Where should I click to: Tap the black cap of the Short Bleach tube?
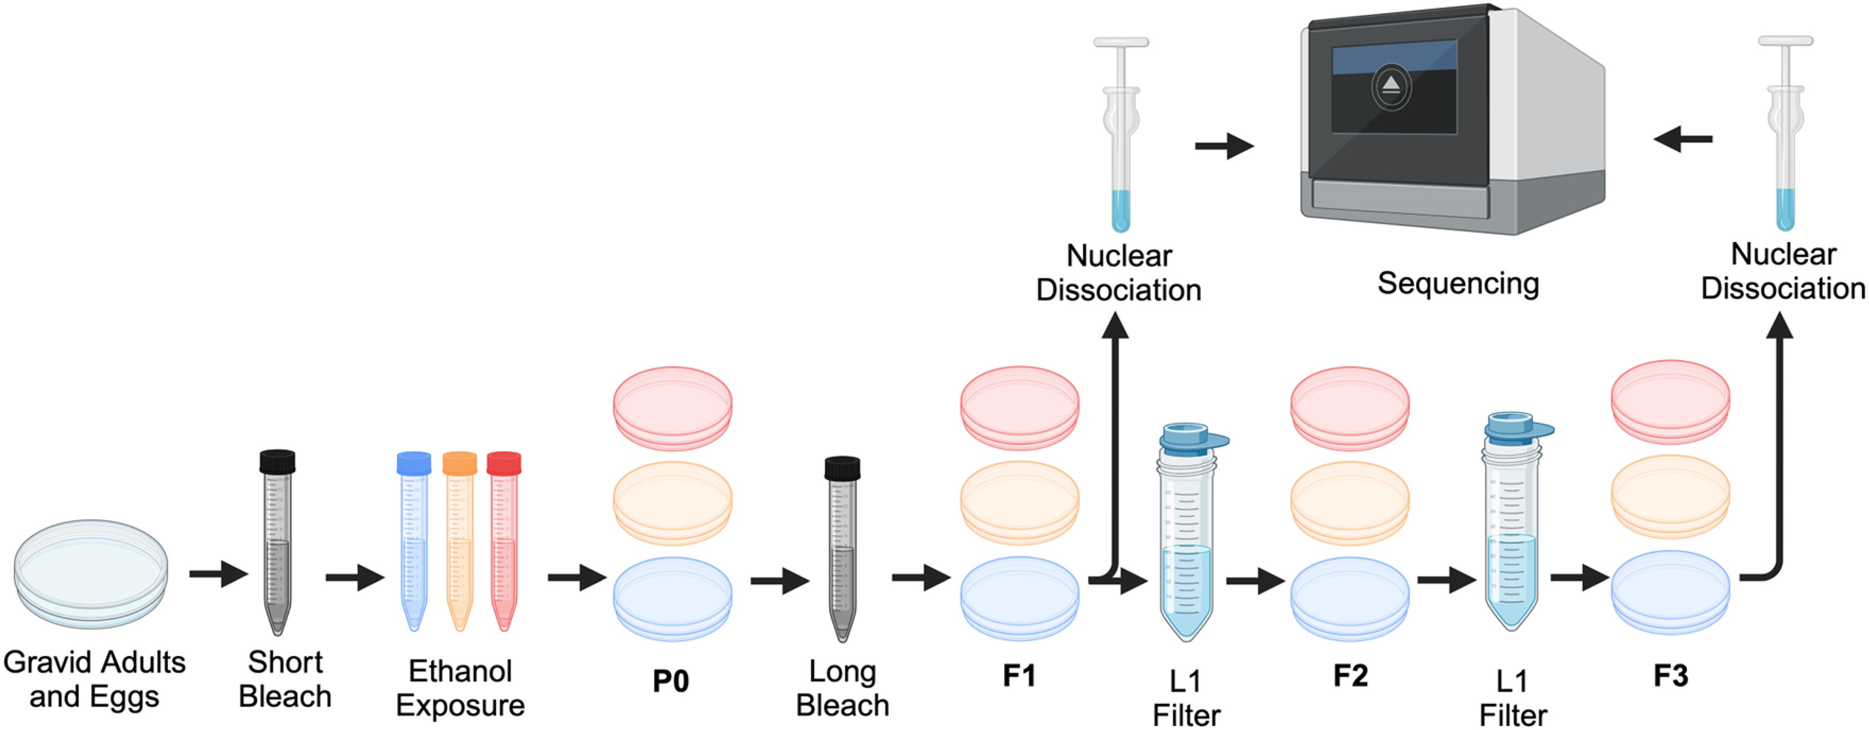277,462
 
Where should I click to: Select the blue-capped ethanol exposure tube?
414,540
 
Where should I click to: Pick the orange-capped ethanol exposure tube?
459,540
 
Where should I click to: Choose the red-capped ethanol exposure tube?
504,540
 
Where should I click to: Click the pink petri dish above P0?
673,408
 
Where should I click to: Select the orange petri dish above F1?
1019,502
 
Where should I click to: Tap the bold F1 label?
1019,675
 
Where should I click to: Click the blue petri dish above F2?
1350,598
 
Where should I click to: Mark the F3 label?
1670,675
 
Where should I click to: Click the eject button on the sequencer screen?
1391,86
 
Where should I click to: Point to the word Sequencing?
1458,283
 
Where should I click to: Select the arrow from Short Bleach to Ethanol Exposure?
355,578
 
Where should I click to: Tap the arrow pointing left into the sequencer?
1683,138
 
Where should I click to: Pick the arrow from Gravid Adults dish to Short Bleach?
218,574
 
